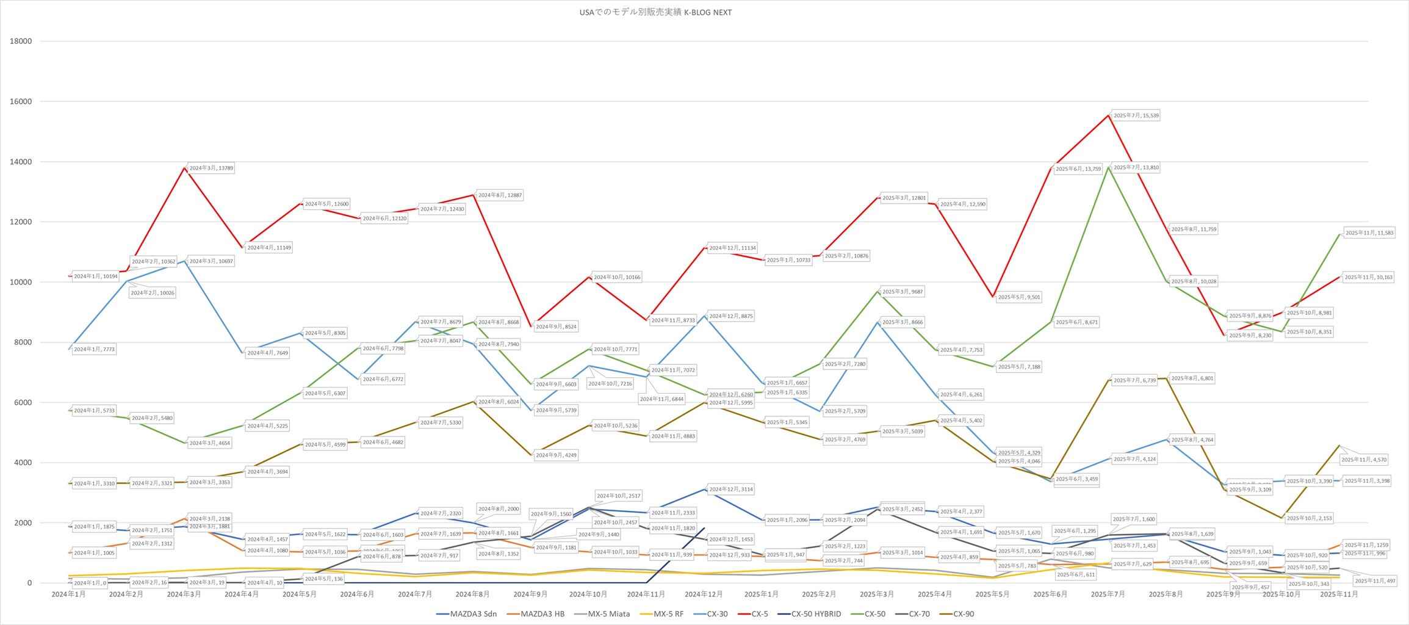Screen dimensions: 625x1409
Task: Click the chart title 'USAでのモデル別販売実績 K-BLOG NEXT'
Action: pyautogui.click(x=655, y=12)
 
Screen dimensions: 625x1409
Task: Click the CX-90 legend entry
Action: pyautogui.click(x=963, y=614)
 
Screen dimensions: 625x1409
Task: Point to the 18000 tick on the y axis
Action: pyautogui.click(x=21, y=42)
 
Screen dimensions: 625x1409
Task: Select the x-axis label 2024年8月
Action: pyautogui.click(x=473, y=594)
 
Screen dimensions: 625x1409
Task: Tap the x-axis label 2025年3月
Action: pyautogui.click(x=877, y=594)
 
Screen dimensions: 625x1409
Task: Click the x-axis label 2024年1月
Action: pyautogui.click(x=68, y=594)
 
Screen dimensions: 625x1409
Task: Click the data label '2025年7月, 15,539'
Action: pyautogui.click(x=1136, y=115)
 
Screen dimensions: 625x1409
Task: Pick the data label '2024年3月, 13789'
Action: pyautogui.click(x=211, y=168)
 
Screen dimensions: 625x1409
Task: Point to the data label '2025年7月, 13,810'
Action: pyautogui.click(x=1136, y=167)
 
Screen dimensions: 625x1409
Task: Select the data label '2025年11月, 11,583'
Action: pyautogui.click(x=1369, y=233)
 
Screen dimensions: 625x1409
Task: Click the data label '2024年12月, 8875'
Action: pyautogui.click(x=731, y=316)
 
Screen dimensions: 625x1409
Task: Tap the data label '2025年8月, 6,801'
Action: pyautogui.click(x=1192, y=378)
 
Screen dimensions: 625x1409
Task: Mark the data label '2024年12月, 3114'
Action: pyautogui.click(x=731, y=490)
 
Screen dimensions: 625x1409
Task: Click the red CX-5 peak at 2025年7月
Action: pyautogui.click(x=1108, y=115)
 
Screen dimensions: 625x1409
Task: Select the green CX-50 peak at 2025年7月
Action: pyautogui.click(x=1108, y=167)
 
